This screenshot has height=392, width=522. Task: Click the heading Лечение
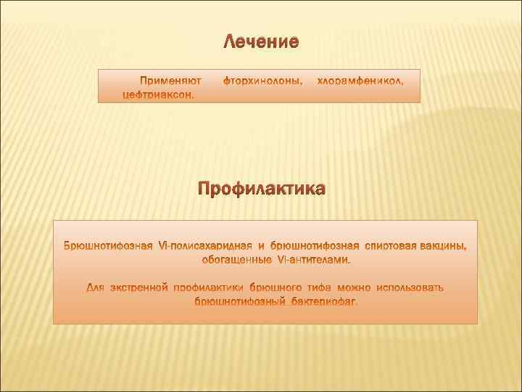[260, 41]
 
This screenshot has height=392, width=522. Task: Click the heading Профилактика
[262, 189]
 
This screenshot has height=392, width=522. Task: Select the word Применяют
[170, 81]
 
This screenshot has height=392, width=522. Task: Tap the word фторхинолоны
[263, 81]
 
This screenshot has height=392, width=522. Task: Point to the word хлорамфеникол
[360, 81]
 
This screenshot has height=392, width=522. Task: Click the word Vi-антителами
[313, 258]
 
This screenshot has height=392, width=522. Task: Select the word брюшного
[279, 287]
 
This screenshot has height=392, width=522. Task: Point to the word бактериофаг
[325, 301]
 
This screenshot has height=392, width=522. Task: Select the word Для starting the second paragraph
[96, 287]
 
